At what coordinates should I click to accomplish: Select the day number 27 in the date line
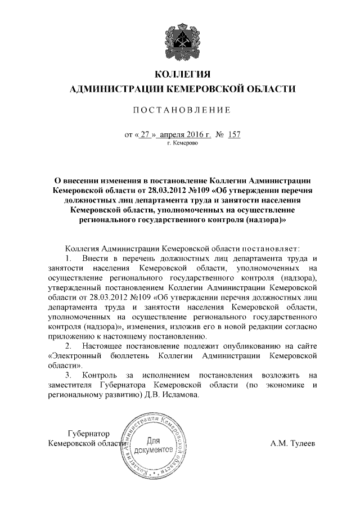point(146,135)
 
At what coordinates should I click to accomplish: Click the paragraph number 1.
point(68,258)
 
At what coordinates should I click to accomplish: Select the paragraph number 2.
point(68,344)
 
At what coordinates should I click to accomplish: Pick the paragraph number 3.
point(68,375)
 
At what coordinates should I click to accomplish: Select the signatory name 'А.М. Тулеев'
point(292,444)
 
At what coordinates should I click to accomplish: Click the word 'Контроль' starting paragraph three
point(98,375)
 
